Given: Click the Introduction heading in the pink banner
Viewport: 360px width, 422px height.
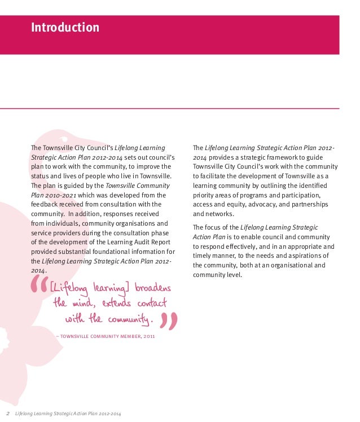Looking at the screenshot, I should [65, 28].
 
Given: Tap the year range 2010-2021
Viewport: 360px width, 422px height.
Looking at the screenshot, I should [62, 195].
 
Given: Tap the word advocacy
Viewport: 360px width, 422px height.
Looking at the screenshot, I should [258, 204].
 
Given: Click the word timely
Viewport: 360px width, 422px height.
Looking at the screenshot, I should [203, 256].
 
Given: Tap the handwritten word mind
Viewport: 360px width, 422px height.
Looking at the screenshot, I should [86, 304].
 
